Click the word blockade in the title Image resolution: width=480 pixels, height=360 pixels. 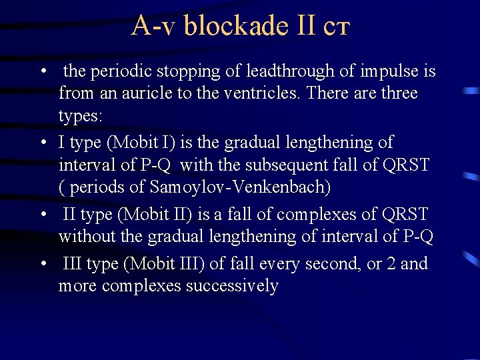click(x=234, y=25)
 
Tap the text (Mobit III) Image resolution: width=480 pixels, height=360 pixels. click(x=163, y=263)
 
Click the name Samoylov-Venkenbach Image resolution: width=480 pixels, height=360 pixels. click(x=241, y=187)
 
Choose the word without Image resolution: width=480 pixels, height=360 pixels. click(x=81, y=236)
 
